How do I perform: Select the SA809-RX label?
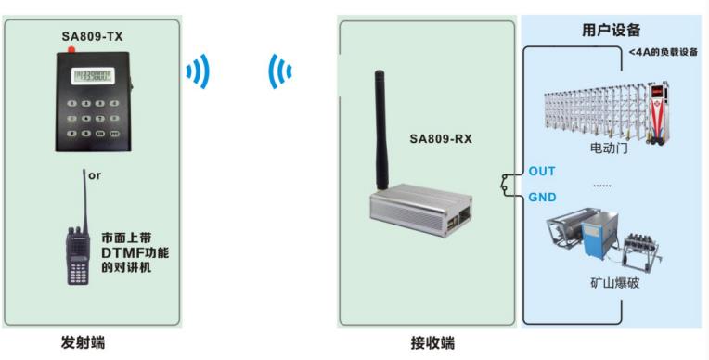point(441,140)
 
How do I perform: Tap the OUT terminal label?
point(541,172)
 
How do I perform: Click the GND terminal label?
point(542,198)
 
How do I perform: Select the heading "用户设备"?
point(611,30)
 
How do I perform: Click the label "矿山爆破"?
point(613,282)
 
